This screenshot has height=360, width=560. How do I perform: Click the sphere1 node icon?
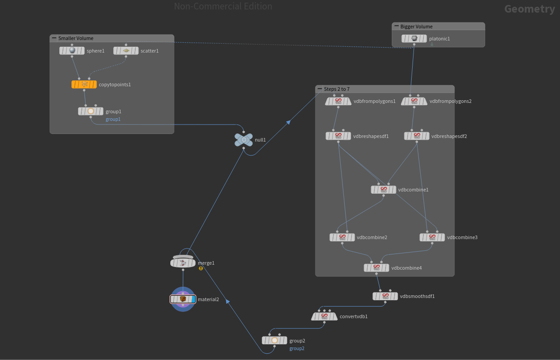click(72, 51)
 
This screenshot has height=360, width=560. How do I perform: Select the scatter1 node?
click(126, 51)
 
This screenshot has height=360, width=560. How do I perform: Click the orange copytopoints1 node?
click(84, 84)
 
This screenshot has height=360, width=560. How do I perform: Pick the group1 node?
click(91, 111)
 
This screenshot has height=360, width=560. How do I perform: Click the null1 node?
click(244, 140)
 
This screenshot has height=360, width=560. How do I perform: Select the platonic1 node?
click(414, 39)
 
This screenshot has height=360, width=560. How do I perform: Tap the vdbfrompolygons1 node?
click(338, 102)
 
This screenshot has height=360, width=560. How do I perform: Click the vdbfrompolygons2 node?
click(414, 102)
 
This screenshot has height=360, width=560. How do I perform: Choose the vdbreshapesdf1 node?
click(338, 136)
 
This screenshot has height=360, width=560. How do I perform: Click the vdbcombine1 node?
click(383, 190)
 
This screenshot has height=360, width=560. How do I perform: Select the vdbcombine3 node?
click(432, 237)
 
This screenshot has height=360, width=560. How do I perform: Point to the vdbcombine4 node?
click(377, 268)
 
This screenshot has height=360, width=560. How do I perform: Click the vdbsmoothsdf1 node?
click(385, 296)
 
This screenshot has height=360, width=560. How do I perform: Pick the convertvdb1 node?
click(324, 316)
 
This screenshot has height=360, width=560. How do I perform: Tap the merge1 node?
click(183, 262)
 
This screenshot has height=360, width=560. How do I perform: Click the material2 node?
click(183, 299)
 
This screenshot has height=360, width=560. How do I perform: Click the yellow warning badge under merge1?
click(201, 268)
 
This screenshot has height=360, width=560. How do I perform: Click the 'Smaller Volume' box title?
click(76, 38)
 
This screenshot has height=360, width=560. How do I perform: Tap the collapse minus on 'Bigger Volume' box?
click(396, 27)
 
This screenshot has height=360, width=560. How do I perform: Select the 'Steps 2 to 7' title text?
click(337, 89)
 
